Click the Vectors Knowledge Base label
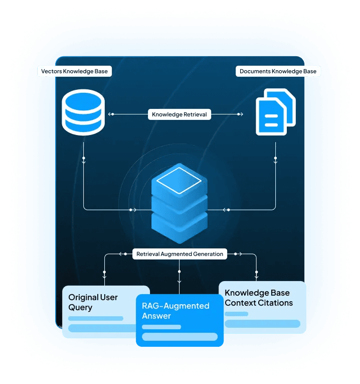coord(74,71)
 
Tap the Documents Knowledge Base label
coord(278,71)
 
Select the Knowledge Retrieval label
coord(179,114)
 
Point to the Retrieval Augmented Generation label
coord(179,254)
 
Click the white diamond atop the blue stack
coord(179,180)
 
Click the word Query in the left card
coord(80,307)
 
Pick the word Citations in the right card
coord(275,303)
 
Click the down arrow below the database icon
coord(84,162)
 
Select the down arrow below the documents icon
coord(275,162)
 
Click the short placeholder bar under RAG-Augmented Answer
coord(161,327)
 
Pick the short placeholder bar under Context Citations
coord(236,314)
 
